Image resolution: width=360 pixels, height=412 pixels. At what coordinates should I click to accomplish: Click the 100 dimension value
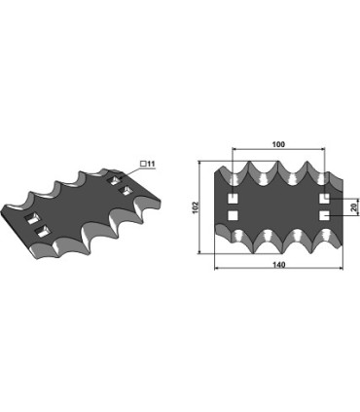pos(278,144)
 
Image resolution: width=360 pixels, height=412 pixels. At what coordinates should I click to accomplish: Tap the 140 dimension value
pos(278,265)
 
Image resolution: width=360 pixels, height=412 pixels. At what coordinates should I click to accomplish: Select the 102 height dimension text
pos(196,207)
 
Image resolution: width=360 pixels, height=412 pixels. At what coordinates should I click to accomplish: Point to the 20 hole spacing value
pos(354,207)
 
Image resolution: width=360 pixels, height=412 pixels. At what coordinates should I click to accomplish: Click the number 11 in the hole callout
pos(151,164)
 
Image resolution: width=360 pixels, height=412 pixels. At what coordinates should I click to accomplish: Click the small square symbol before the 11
pos(143,164)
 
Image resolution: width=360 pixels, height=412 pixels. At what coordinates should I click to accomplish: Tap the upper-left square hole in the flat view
pos(233,199)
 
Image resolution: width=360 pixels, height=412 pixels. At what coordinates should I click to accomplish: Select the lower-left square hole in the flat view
pos(233,215)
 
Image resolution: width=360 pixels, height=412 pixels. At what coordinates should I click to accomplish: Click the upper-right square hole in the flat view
pos(324,199)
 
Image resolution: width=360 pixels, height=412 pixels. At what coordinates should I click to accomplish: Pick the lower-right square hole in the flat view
pos(324,215)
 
